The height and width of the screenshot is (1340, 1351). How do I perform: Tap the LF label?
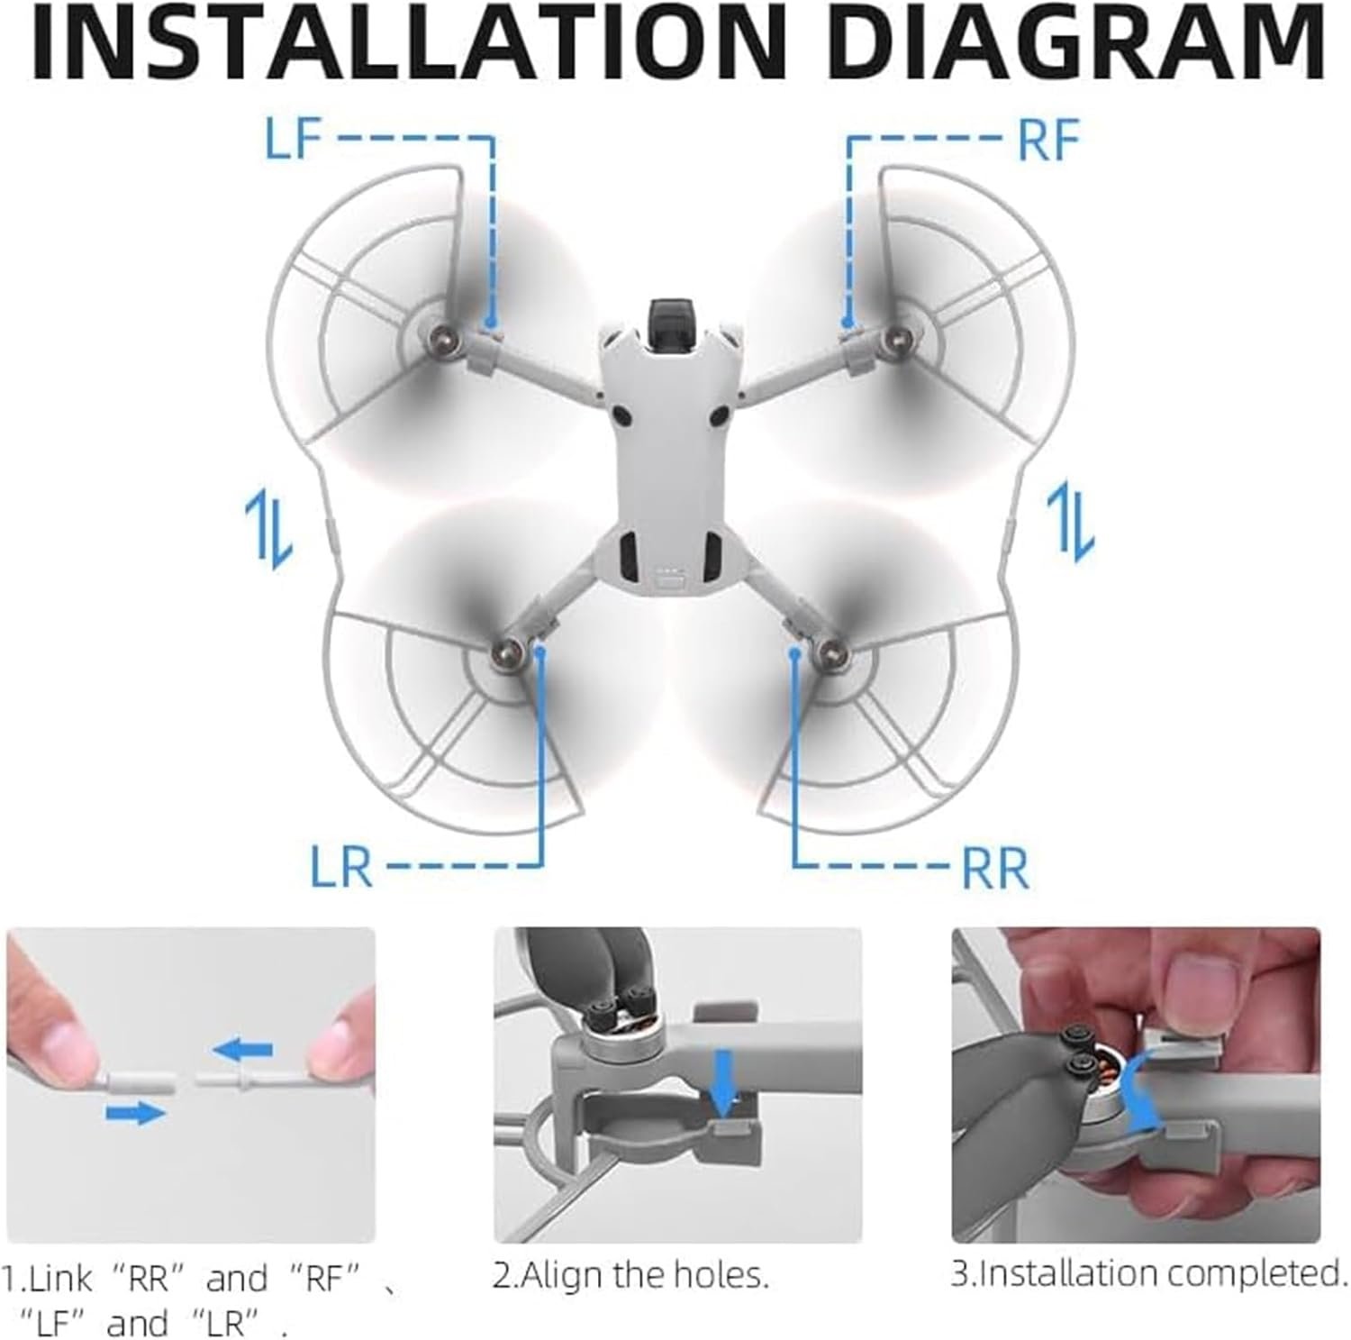[x=294, y=141]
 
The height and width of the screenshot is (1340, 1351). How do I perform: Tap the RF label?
[x=1048, y=141]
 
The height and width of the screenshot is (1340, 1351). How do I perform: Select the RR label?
[x=995, y=868]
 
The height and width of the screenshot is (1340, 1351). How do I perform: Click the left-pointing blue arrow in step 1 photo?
[x=243, y=1049]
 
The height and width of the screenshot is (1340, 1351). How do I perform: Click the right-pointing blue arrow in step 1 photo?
[x=136, y=1114]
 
